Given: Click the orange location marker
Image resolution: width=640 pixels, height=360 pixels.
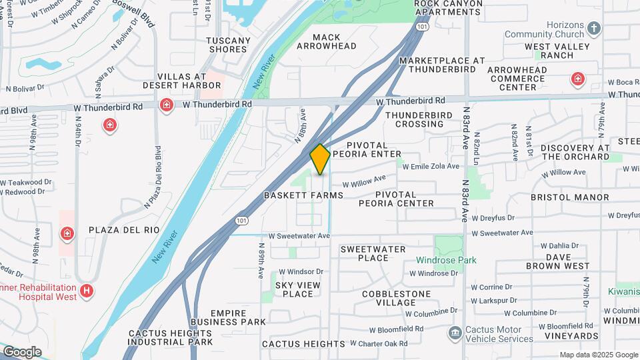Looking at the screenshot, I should click(320, 159).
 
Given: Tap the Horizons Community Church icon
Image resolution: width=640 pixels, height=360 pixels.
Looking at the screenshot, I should click(595, 29).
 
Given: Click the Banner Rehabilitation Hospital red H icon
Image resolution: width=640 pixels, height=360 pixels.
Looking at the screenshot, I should click(86, 291).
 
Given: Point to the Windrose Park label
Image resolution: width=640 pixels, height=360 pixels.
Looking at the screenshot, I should click(447, 260).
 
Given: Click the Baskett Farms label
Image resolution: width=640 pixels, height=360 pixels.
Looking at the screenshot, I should click(303, 195).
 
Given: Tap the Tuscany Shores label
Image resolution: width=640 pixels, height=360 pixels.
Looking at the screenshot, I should click(229, 45).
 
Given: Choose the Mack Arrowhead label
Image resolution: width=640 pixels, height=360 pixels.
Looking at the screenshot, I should click(327, 42).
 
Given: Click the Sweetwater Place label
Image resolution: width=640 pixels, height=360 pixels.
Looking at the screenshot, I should click(373, 253).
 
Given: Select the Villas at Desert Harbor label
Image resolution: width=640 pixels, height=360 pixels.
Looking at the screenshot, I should click(181, 81).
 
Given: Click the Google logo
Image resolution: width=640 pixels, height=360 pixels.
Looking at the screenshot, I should click(21, 352).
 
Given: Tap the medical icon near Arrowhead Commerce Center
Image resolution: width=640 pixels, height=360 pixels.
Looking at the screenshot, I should click(578, 80).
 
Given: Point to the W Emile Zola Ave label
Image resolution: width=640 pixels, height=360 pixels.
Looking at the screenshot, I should click(430, 166).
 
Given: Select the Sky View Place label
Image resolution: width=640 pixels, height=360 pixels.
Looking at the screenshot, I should click(294, 289).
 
